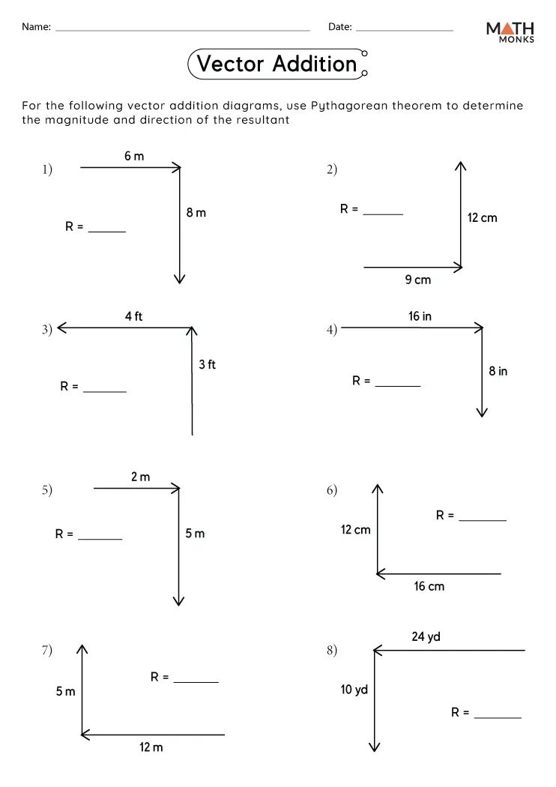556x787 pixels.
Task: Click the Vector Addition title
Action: (277, 64)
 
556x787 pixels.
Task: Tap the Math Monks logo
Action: (510, 31)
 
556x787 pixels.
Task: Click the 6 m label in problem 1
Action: (134, 156)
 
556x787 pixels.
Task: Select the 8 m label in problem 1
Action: (196, 213)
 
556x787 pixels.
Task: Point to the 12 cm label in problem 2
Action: (482, 218)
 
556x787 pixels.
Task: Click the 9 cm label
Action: (418, 280)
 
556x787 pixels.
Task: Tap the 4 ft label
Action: (133, 317)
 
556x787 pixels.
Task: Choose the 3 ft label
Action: (207, 365)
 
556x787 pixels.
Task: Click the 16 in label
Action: (420, 316)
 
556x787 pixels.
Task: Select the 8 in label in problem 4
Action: (498, 371)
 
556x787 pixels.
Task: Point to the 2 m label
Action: (140, 477)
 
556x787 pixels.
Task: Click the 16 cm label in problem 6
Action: (429, 586)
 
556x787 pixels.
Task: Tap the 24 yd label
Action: (426, 637)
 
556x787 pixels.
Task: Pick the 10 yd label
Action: (354, 690)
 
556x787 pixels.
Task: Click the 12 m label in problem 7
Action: (151, 747)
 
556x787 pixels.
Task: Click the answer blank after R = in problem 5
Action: (100, 537)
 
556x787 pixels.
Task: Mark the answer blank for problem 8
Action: (498, 717)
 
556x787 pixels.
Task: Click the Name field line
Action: (182, 29)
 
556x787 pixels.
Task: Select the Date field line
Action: (404, 29)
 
